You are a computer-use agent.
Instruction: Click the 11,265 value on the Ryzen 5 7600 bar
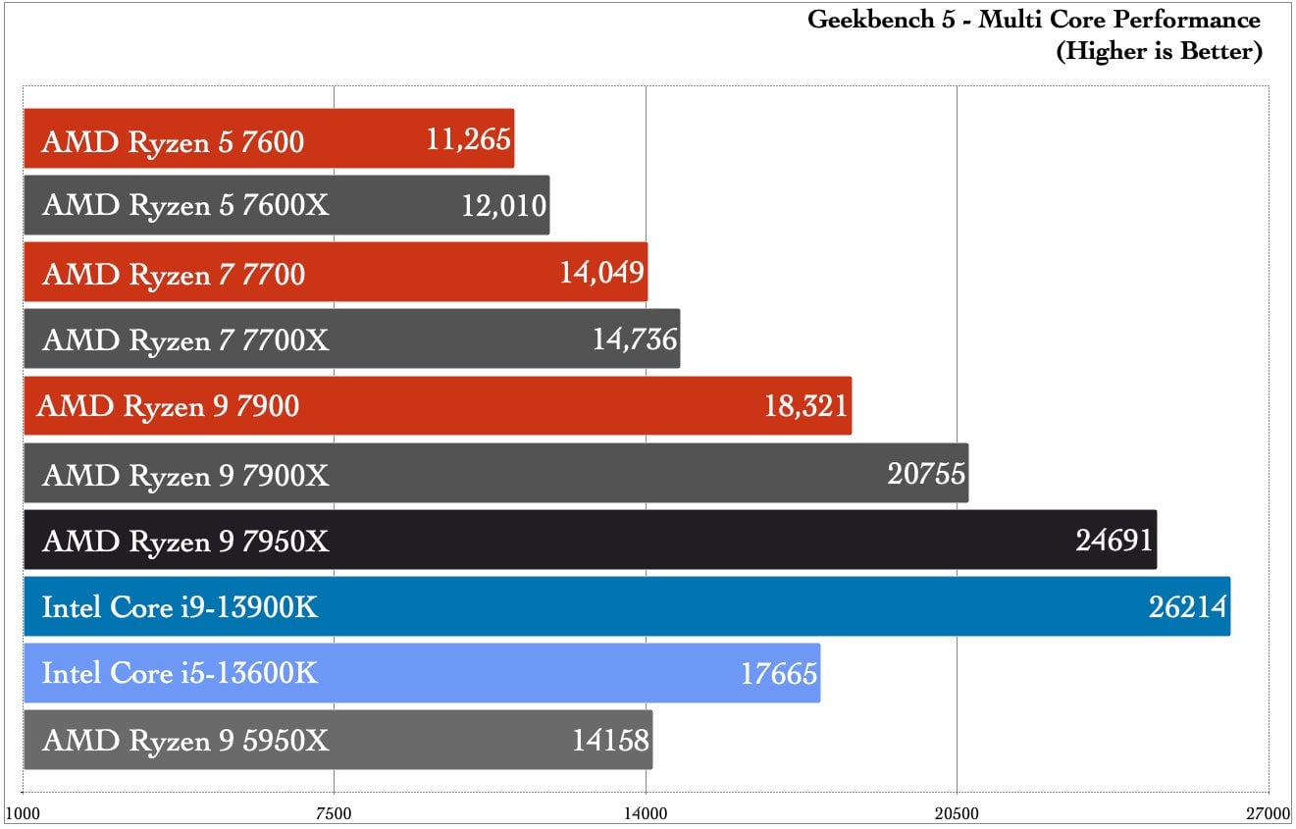point(469,139)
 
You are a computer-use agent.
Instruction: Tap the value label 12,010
point(503,206)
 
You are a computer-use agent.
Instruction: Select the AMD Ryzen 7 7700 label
point(174,274)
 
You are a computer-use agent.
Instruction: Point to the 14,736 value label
point(635,339)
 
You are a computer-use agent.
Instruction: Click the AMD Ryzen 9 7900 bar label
point(168,406)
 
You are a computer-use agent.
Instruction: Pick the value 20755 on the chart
point(927,474)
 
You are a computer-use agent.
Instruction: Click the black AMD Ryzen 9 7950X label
point(186,541)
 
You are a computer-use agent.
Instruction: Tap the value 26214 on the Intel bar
point(1188,607)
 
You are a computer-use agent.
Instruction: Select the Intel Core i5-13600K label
point(181,674)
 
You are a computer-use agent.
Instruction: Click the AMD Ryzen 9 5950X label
point(186,741)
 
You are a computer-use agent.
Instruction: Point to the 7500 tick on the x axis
point(334,813)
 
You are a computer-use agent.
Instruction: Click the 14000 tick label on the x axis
point(646,813)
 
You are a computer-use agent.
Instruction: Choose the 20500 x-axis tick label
point(957,813)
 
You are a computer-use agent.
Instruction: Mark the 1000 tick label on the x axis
point(23,813)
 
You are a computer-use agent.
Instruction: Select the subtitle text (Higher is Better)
point(1159,51)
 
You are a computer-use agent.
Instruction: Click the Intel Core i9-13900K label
point(181,607)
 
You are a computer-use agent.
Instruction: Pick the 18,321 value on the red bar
point(805,406)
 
